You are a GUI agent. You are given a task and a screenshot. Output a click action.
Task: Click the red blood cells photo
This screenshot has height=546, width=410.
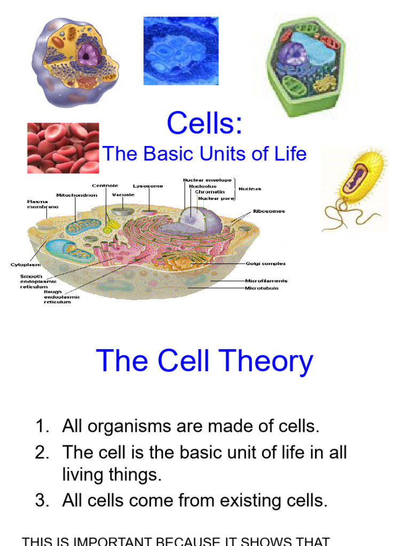click(63, 148)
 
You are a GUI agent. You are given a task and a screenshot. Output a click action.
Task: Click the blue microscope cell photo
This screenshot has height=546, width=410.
click(180, 51)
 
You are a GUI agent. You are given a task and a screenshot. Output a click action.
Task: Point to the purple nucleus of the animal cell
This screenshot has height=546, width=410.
click(88, 55)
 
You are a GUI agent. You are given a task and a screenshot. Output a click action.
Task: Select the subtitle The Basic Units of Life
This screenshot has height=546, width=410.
click(204, 154)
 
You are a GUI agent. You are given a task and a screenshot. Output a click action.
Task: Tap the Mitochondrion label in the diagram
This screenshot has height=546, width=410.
click(77, 195)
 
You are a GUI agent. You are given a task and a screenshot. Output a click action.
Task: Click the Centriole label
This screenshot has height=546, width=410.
click(105, 186)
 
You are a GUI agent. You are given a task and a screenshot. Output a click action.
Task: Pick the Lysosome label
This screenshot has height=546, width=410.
click(148, 186)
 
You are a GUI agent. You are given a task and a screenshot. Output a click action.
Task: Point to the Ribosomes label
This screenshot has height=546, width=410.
click(269, 211)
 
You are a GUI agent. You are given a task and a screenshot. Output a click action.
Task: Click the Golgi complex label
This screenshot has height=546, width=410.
click(265, 263)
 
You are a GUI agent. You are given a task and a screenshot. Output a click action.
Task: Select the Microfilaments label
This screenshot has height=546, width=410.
click(266, 280)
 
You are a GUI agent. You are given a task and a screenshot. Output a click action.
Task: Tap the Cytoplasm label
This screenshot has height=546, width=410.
click(26, 264)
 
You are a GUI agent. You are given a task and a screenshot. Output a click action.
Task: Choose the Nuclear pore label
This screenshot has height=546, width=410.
click(216, 198)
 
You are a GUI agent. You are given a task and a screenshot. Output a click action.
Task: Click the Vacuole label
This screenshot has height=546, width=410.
click(123, 195)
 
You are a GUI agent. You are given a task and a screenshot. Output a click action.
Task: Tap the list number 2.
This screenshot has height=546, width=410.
click(42, 453)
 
